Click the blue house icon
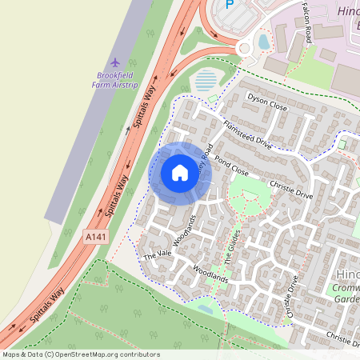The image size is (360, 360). click(180, 172)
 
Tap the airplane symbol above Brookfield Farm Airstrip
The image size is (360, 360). click(115, 62)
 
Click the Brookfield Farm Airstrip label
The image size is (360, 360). click(115, 79)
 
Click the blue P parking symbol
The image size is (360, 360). click(230, 5)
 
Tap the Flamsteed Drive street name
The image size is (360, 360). click(248, 135)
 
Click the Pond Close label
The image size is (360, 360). click(231, 166)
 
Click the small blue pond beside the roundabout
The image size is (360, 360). click(264, 42)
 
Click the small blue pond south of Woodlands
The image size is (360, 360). click(205, 308)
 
